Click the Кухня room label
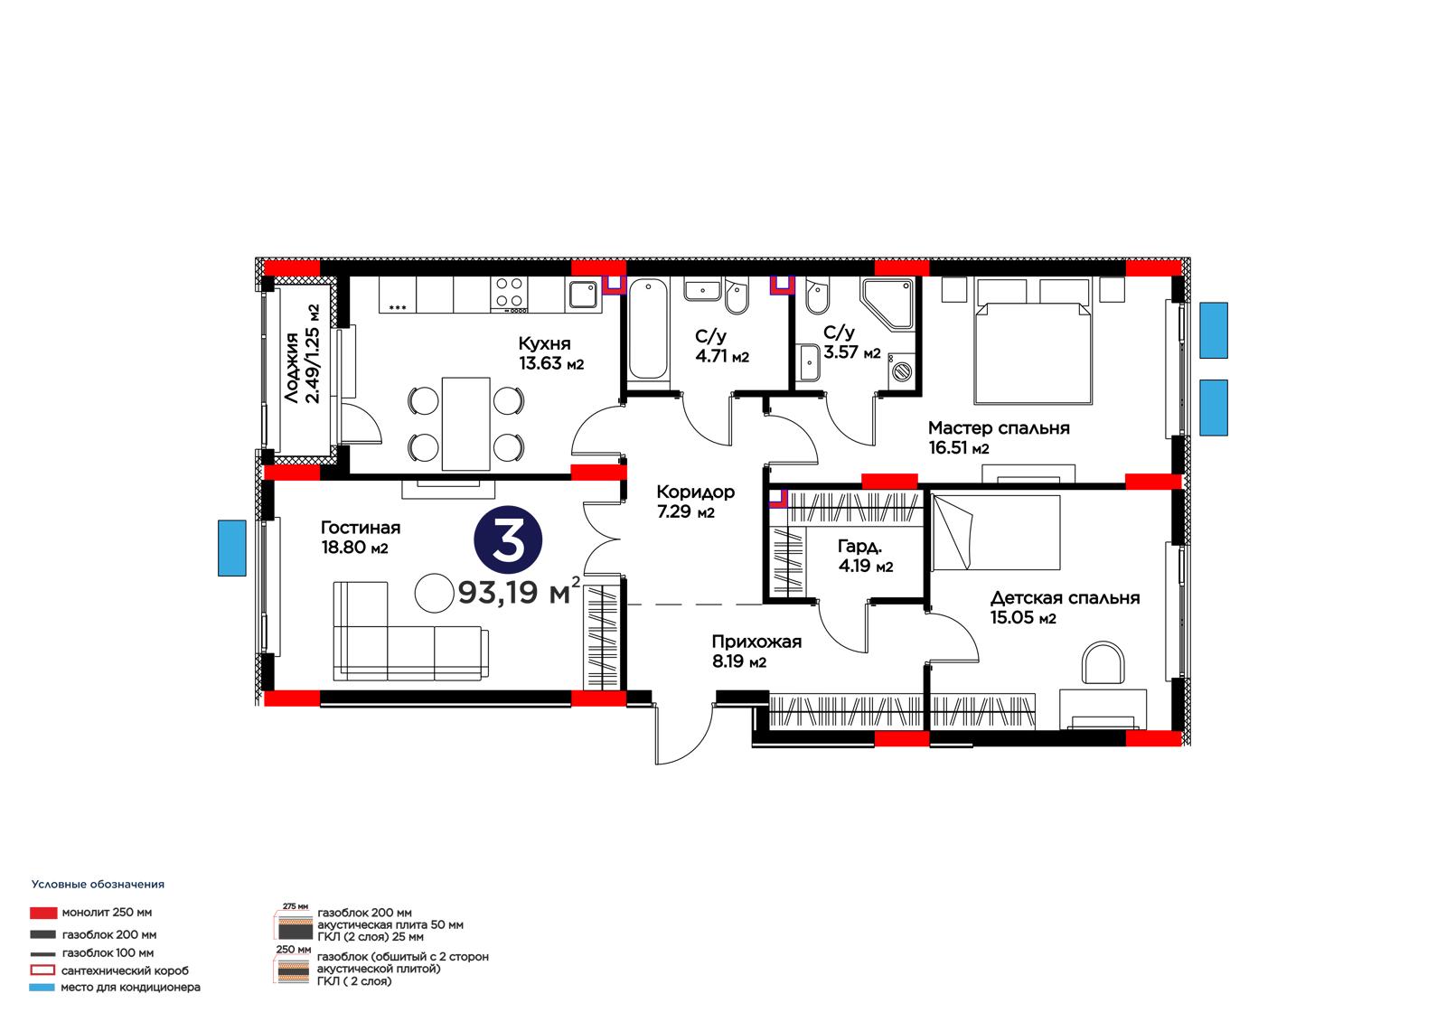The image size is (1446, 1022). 544,342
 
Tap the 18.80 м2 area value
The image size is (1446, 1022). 354,548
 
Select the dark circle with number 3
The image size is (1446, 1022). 508,539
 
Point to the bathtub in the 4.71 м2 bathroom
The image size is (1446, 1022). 647,329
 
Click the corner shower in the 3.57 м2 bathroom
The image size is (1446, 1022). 887,305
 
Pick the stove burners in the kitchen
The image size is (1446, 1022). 509,293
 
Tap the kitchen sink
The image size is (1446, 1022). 582,295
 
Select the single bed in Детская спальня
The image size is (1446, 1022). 996,532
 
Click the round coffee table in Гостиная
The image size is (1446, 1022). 435,594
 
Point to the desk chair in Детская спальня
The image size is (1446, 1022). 1103,662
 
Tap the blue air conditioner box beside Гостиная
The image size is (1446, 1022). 231,549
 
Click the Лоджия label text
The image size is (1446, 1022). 292,368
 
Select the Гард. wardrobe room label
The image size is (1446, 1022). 859,546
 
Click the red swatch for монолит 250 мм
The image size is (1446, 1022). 43,913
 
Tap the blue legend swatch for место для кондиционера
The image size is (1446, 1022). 42,987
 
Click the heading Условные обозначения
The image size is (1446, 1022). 99,885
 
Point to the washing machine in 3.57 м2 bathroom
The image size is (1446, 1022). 902,371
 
